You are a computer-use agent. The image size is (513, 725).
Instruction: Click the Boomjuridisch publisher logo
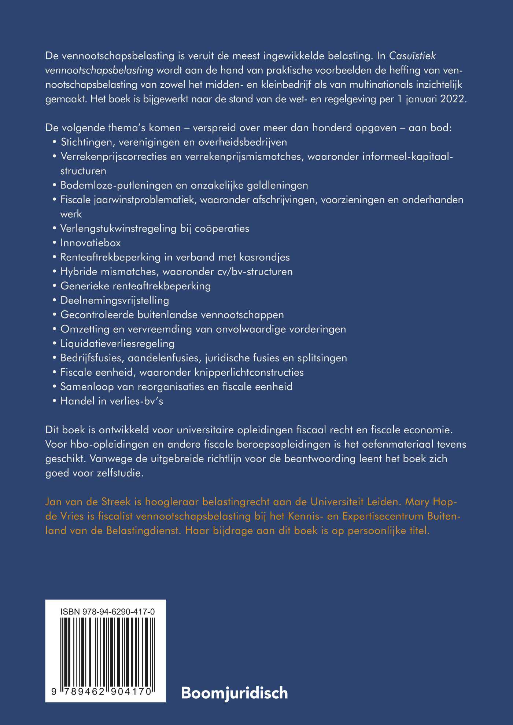click(235, 693)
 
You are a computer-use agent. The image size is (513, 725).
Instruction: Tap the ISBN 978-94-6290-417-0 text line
click(107, 612)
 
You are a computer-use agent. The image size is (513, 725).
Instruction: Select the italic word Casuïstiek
click(412, 56)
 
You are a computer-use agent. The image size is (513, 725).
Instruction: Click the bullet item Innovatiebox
click(91, 243)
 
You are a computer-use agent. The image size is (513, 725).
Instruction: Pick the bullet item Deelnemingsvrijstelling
click(115, 300)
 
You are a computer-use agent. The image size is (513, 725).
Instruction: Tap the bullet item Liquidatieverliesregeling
click(117, 343)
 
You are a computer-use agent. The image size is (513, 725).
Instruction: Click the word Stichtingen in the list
click(86, 142)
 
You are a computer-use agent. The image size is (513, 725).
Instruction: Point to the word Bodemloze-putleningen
click(116, 185)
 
